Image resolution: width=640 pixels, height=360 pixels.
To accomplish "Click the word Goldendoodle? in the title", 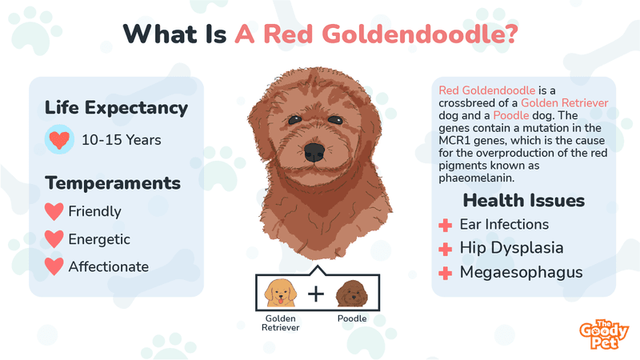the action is pos(419,34).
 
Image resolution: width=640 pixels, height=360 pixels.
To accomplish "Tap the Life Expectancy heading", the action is pos(116,108).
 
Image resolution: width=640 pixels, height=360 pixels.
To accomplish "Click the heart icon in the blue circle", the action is pos(59,139).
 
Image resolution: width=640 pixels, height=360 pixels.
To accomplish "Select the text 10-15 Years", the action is pos(122,140).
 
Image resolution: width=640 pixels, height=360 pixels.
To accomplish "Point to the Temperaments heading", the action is pos(113,183).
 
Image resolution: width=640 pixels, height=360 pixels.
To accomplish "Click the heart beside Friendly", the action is pos(54,211).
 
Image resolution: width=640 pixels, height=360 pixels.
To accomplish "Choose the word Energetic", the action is pos(99,239).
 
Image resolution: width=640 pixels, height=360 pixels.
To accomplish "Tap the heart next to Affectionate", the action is pos(54,266).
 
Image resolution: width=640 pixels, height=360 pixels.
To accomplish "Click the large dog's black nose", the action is pos(314,152).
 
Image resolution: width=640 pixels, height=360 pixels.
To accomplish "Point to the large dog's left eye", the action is pos(294,120).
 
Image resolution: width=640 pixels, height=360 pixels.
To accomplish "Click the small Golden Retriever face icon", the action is pos(281,293).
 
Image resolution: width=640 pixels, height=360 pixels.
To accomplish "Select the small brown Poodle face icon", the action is pos(352,294).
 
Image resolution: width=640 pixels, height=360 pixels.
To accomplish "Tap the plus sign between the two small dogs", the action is pos(316,294).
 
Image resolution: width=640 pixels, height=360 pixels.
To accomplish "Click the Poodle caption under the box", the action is pos(352,318).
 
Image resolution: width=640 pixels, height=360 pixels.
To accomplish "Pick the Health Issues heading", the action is pos(524,201).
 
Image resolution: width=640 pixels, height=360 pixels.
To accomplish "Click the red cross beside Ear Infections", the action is pos(446,225).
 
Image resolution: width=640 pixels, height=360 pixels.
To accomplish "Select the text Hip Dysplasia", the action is pos(511,248).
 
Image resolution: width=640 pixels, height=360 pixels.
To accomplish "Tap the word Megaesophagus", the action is pos(522,273).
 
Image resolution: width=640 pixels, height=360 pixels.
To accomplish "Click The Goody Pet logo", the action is pos(604,334).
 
